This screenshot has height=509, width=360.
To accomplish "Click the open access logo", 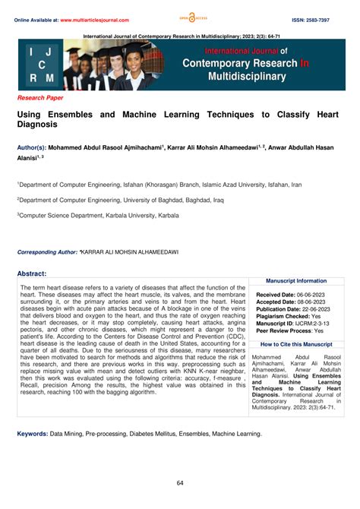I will pyautogui.click(x=179, y=17).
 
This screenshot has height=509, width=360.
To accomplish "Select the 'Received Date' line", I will pyautogui.click(x=292, y=293).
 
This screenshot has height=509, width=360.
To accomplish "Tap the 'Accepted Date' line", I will pyautogui.click(x=292, y=302).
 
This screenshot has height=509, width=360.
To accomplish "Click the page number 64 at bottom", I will pyautogui.click(x=180, y=483).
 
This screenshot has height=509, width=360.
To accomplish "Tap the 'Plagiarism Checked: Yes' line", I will pyautogui.click(x=289, y=317).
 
